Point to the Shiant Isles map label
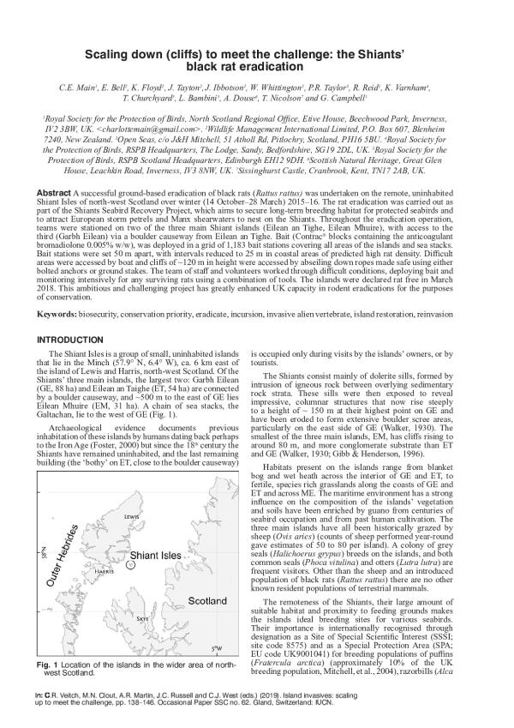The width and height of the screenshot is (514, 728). click(155, 555)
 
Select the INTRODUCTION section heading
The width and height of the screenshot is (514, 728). click(76, 340)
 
